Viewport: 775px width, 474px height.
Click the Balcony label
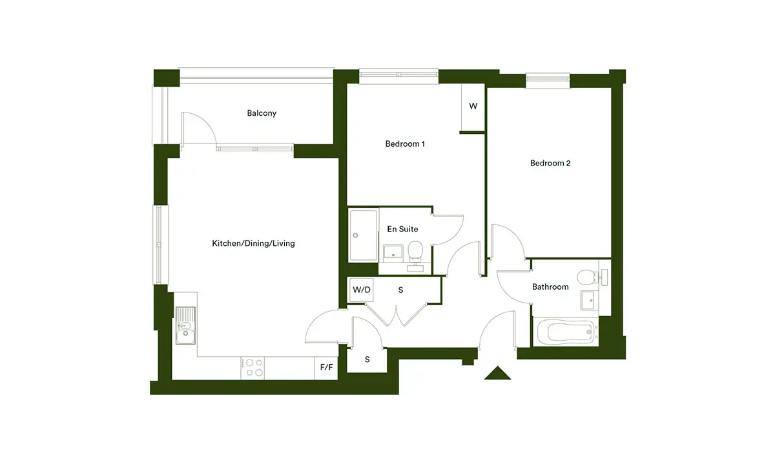tap(262, 113)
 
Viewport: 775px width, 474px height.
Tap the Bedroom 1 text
tap(405, 144)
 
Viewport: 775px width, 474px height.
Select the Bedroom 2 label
tap(550, 163)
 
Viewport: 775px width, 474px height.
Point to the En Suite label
tap(402, 229)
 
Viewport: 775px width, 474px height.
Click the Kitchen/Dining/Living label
tap(253, 244)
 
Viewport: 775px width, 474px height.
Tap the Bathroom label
tap(550, 287)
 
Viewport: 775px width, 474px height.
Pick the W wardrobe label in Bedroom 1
tap(473, 106)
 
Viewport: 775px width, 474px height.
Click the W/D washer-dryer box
tap(361, 290)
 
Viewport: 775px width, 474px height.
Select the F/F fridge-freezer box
tap(326, 368)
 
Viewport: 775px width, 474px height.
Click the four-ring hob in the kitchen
tap(253, 368)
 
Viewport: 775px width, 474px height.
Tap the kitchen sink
tap(185, 326)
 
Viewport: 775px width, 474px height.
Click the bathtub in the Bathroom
tap(566, 332)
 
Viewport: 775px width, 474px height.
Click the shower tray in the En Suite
tap(363, 235)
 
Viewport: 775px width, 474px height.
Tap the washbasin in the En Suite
tap(393, 252)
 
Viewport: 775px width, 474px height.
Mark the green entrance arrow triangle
tap(497, 373)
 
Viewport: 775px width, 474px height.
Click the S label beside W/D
tap(400, 290)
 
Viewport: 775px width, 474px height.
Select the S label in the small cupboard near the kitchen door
tap(367, 360)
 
